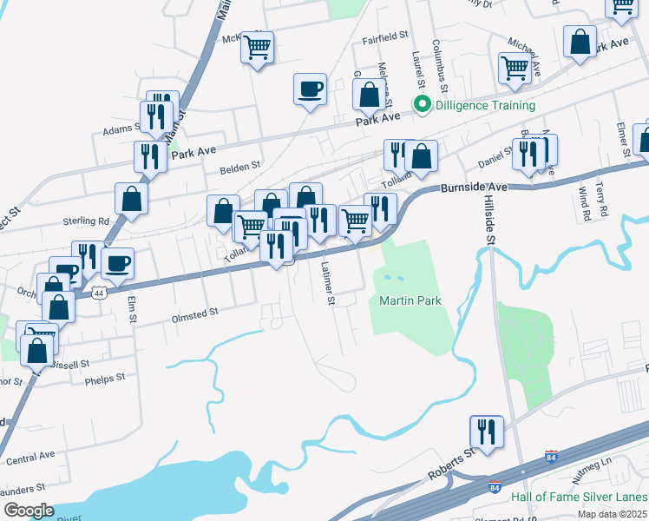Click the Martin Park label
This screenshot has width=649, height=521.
pyautogui.click(x=410, y=301)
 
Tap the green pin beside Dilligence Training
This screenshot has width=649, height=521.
pyautogui.click(x=423, y=106)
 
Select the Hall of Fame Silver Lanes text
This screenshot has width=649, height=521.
pyautogui.click(x=579, y=497)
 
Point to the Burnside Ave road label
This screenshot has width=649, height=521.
pyautogui.click(x=474, y=187)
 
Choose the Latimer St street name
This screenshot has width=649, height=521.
pyautogui.click(x=327, y=284)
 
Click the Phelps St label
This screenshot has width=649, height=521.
pyautogui.click(x=105, y=379)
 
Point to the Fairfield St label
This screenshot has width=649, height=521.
pyautogui.click(x=386, y=36)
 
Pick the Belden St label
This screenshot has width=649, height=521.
pyautogui.click(x=239, y=165)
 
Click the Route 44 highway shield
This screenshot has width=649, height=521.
pyautogui.click(x=101, y=293)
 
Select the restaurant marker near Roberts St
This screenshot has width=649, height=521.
pyautogui.click(x=487, y=432)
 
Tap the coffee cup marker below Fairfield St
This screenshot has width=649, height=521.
pyautogui.click(x=311, y=88)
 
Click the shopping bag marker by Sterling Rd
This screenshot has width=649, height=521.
pyautogui.click(x=131, y=198)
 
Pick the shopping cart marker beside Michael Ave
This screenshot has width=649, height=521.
pyautogui.click(x=515, y=67)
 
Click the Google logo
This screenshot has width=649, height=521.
pyautogui.click(x=29, y=511)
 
